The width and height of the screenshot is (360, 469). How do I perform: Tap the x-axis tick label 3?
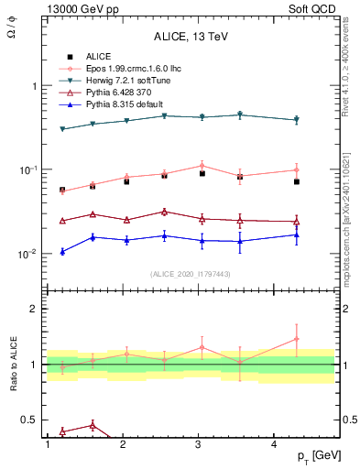coord(199,444)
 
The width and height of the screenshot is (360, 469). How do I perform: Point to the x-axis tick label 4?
coord(275,444)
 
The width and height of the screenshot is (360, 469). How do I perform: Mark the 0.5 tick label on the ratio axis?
coord(29,420)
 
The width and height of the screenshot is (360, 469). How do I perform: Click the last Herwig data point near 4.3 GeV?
coord(297,120)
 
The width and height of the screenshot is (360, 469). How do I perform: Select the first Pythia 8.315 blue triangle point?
coord(62,251)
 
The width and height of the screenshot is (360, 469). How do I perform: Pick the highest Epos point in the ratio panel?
coord(297,339)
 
